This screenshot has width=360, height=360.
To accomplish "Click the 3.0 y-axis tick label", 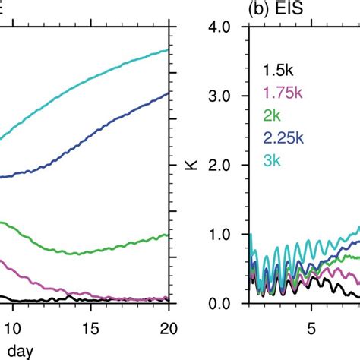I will click(x=226, y=96).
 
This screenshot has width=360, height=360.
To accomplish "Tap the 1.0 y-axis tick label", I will click(x=226, y=235).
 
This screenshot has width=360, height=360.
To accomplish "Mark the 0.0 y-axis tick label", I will click(x=226, y=304).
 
